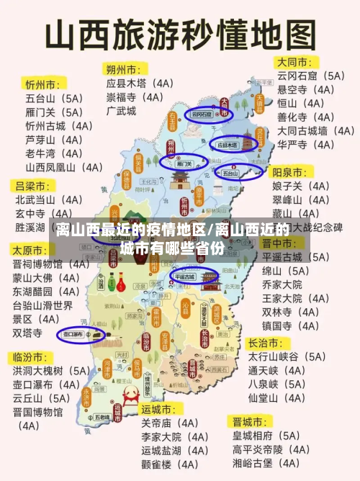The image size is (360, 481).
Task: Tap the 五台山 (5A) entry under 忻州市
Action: click(x=54, y=97)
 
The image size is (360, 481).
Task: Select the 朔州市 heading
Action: click(x=124, y=69)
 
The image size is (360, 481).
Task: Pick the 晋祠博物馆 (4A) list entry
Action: click(x=51, y=264)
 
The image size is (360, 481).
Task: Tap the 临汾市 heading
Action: click(x=30, y=356)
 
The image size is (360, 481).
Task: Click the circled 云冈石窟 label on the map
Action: click(x=202, y=114)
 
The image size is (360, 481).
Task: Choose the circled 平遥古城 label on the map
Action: click(x=186, y=276)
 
